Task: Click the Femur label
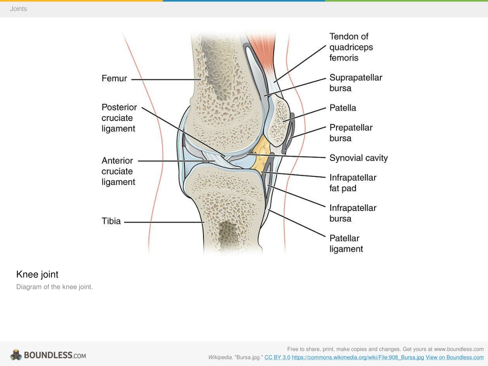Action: [114, 78]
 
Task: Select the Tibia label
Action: [111, 221]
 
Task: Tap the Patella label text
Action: [343, 108]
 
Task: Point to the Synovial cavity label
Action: [358, 158]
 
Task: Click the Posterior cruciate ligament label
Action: [119, 118]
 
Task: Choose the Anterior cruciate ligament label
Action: [118, 171]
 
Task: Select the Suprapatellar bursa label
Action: [356, 83]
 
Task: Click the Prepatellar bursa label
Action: [351, 133]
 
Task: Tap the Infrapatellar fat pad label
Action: [353, 183]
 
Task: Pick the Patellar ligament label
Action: [346, 244]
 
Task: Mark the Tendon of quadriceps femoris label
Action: [351, 47]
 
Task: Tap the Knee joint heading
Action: [37, 274]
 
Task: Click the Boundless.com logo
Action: [48, 355]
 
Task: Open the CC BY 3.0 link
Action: [277, 357]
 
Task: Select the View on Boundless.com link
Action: [454, 357]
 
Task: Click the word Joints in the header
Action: [19, 9]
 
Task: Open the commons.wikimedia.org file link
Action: [358, 357]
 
